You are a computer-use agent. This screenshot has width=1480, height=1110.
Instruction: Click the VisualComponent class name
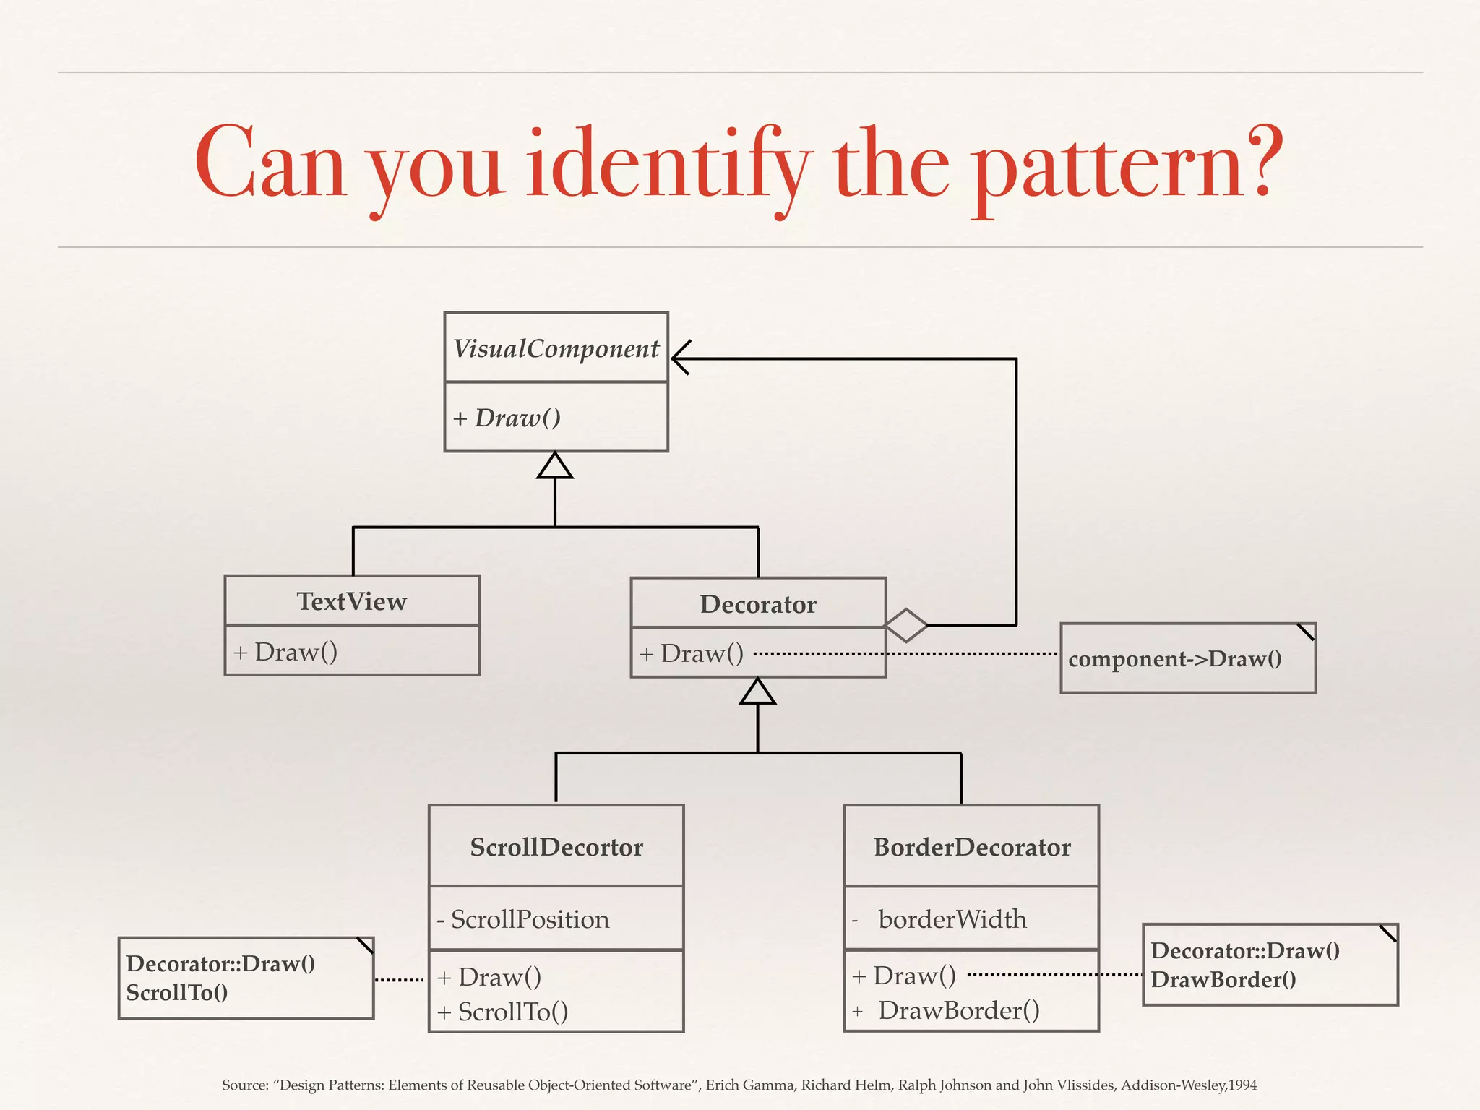(556, 349)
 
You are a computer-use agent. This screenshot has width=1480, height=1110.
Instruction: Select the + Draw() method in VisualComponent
(507, 418)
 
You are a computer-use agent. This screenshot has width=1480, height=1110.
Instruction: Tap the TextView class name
(352, 601)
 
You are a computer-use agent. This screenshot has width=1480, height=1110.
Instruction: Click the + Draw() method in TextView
(286, 653)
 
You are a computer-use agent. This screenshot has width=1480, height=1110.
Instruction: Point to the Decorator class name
(758, 604)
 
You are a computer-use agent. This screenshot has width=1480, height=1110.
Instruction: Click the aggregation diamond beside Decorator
(906, 625)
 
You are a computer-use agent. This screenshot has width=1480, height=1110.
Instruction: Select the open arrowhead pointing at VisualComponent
(681, 358)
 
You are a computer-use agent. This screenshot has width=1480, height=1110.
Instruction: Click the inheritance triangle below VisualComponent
(555, 466)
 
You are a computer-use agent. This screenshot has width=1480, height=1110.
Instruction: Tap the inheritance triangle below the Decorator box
(757, 692)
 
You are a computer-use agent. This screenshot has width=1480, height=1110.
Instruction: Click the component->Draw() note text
(1175, 659)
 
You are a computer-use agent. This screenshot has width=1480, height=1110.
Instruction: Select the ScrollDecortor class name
(556, 847)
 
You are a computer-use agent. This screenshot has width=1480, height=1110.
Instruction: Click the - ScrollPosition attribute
(523, 919)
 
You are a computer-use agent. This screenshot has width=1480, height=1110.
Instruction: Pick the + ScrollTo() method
(503, 1012)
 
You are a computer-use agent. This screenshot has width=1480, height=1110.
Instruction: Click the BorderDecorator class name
(972, 847)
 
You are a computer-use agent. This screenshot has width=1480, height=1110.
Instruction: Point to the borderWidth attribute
(952, 919)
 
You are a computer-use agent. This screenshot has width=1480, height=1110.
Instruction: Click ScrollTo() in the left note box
(177, 993)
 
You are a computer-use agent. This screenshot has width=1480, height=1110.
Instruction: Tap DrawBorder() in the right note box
(1223, 980)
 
